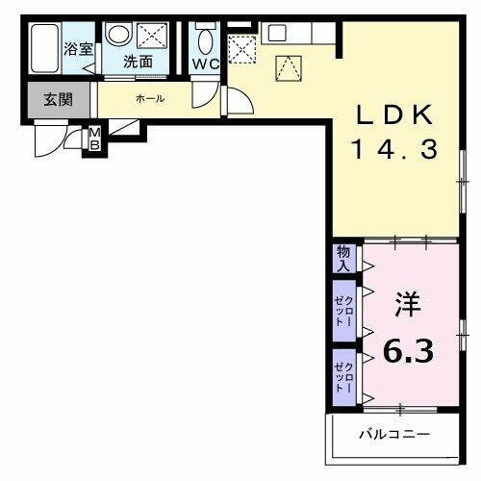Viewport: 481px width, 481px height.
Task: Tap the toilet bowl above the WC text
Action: pyautogui.click(x=204, y=41)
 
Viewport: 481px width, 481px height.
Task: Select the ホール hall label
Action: pyautogui.click(x=149, y=99)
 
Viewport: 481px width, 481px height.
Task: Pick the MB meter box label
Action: pyautogui.click(x=95, y=139)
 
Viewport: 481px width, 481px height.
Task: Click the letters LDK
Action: pyautogui.click(x=395, y=114)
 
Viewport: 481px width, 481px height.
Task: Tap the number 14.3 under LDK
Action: pyautogui.click(x=395, y=149)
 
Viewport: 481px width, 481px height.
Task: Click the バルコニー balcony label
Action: pyautogui.click(x=394, y=435)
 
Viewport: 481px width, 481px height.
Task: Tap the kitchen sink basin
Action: pyautogui.click(x=277, y=31)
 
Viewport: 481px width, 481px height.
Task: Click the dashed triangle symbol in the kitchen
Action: pyautogui.click(x=288, y=67)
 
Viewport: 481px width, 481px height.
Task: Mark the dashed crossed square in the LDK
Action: pyautogui.click(x=240, y=49)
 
